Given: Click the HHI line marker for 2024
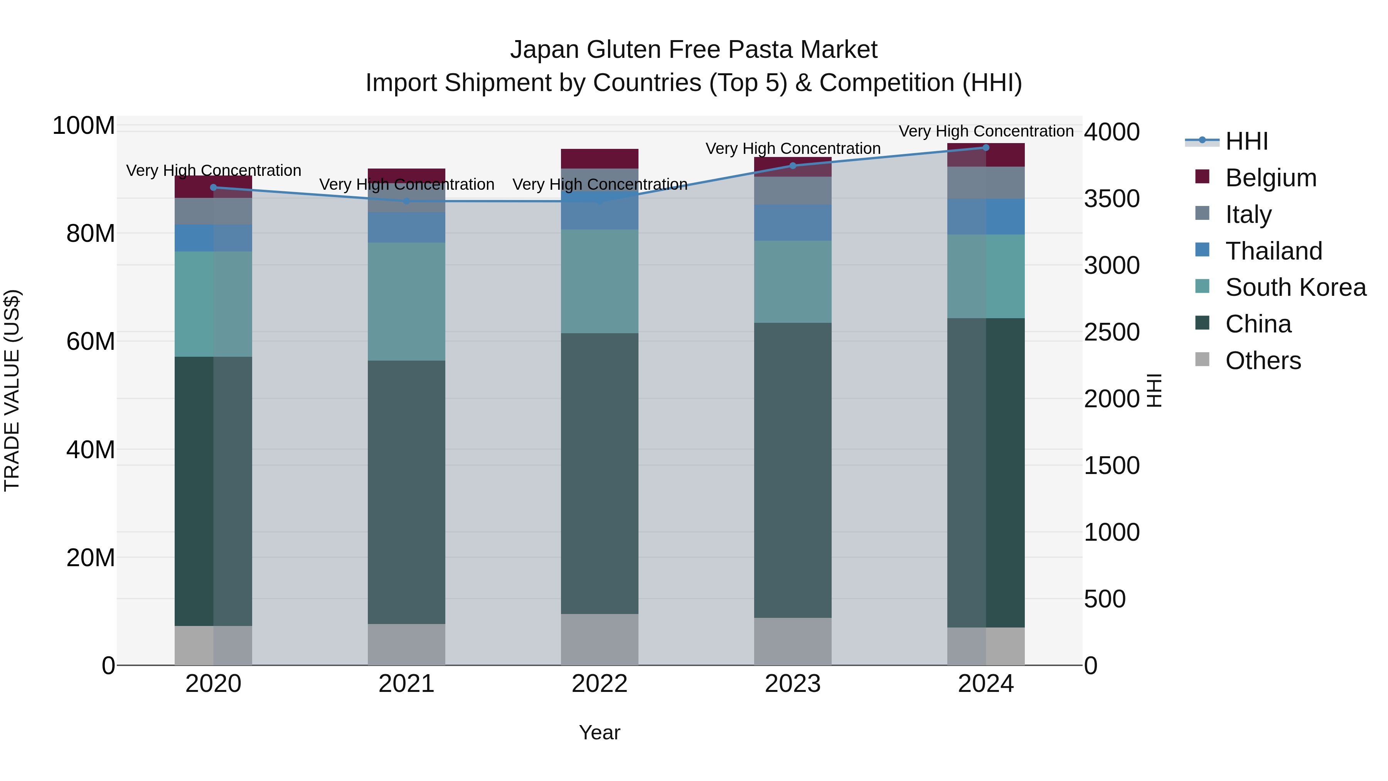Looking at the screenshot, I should (985, 148).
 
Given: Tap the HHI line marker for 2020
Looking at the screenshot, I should (213, 187).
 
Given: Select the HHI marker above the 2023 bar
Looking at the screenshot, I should (793, 165).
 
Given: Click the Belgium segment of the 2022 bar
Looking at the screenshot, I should (599, 159).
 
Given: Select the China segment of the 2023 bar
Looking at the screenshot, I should (793, 470).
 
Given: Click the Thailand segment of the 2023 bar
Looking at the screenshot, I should (793, 222).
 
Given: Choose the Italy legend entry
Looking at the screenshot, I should (1248, 214).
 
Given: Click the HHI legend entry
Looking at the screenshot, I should (1246, 141).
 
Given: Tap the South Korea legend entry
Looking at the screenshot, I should (1295, 287).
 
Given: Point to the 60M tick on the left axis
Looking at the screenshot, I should (90, 341).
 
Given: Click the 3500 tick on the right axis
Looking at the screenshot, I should (1112, 199).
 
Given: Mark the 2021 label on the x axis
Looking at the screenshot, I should (406, 684).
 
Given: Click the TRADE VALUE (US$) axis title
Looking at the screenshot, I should (12, 390).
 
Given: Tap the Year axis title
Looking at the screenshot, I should (599, 732).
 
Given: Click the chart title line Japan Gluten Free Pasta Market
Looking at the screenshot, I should (694, 50).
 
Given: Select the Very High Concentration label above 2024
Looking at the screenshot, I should (985, 131).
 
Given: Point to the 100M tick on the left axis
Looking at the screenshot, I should (84, 126).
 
